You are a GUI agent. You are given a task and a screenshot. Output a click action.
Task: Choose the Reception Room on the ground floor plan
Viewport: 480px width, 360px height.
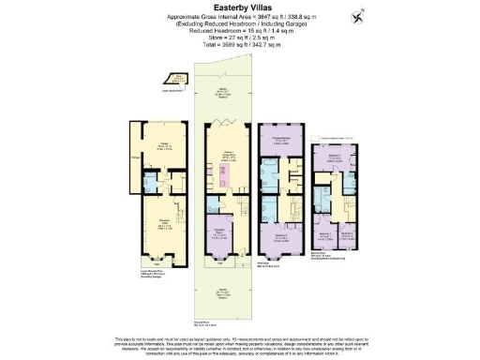click(x=220, y=231)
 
